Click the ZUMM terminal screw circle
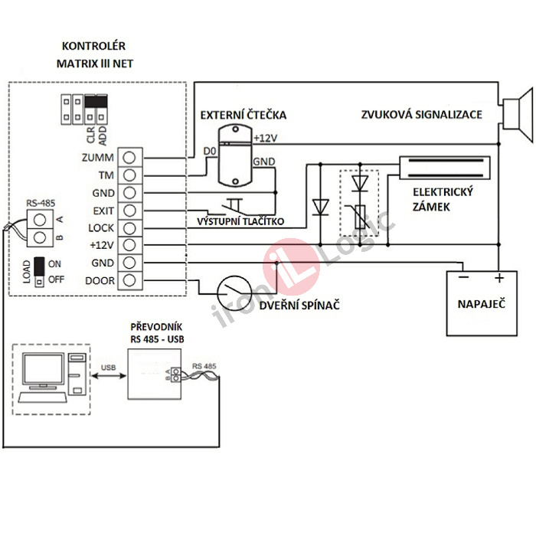[x=130, y=158]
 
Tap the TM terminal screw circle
[x=130, y=175]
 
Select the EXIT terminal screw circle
[x=130, y=210]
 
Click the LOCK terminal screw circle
[x=130, y=227]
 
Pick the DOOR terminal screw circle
[x=130, y=280]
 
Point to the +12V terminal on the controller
[x=130, y=245]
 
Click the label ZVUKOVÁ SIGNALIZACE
[x=422, y=115]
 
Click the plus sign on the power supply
[x=498, y=278]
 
